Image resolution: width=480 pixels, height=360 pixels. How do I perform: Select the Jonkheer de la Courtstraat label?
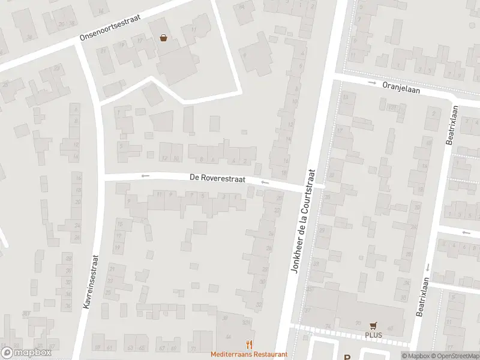pyautogui.click(x=302, y=220)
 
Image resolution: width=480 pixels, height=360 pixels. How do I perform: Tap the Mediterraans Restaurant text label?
pyautogui.click(x=249, y=355)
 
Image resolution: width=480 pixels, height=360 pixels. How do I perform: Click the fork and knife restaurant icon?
pyautogui.click(x=249, y=345)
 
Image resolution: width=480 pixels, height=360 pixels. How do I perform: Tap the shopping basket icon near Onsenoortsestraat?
pyautogui.click(x=163, y=38)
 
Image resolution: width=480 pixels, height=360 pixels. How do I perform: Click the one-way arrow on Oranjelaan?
pyautogui.click(x=372, y=83)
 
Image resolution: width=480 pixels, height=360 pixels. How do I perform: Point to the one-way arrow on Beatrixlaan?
pyautogui.click(x=428, y=268)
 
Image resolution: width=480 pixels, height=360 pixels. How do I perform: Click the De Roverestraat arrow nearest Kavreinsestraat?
pyautogui.click(x=145, y=176)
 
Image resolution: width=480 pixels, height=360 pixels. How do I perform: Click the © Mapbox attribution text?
pyautogui.click(x=415, y=356)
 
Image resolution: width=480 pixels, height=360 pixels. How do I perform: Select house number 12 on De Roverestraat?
pyautogui.click(x=165, y=158)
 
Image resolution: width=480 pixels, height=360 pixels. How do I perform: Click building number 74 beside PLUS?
pyautogui.click(x=328, y=326)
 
